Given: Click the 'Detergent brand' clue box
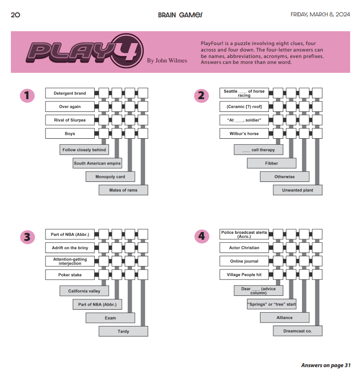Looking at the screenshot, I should tap(70, 93).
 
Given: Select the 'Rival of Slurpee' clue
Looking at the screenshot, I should tap(70, 120).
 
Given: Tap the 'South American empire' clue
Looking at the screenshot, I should tap(97, 163).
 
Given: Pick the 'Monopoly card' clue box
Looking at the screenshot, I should tap(110, 176).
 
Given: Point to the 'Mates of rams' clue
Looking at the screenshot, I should tap(123, 190).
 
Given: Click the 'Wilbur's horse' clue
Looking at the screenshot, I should tap(244, 133).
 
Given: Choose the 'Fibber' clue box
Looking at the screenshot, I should tap(271, 163).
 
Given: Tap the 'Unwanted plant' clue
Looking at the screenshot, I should tap(297, 190).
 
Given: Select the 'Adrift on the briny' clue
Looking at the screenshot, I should tap(70, 248).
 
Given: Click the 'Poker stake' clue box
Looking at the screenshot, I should tap(70, 274).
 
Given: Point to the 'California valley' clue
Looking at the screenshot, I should tap(84, 291).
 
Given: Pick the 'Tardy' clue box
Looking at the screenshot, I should tap(123, 331).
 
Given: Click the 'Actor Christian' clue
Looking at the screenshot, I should tap(244, 248).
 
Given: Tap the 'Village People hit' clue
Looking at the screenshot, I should tap(244, 274).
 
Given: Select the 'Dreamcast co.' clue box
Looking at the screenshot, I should tap(297, 331).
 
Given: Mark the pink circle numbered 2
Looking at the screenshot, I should tap(201, 96).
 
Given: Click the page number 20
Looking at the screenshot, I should tap(15, 15).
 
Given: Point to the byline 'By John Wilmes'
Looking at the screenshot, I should tap(167, 60).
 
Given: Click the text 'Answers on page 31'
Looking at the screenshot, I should tap(325, 365).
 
